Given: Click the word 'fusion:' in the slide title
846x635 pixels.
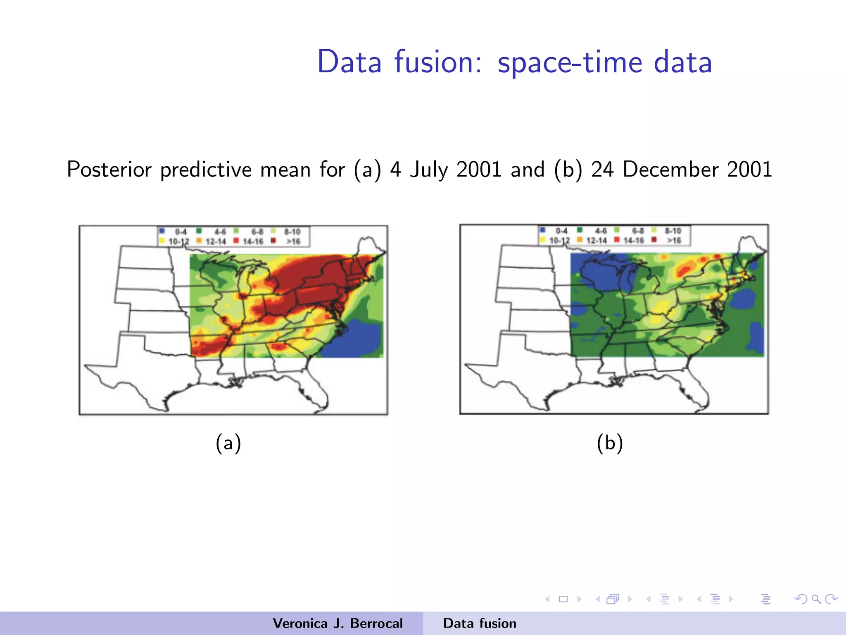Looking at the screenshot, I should [438, 62].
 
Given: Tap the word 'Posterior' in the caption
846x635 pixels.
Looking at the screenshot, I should [109, 169].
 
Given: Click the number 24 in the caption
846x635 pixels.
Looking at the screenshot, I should [602, 169].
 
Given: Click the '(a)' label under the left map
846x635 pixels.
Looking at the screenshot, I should [228, 443].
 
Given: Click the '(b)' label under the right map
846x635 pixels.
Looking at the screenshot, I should [610, 443].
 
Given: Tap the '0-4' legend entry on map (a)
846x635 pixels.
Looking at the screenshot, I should [181, 232].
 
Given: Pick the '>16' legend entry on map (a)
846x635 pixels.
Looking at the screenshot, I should [293, 241].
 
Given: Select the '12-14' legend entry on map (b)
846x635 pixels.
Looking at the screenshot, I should [596, 240].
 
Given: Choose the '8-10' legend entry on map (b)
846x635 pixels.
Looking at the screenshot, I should [673, 231].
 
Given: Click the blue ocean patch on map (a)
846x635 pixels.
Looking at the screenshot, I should [355, 339].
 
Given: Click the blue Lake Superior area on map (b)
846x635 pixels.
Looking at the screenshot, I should [599, 269].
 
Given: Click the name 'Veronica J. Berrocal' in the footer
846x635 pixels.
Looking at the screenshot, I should [337, 623].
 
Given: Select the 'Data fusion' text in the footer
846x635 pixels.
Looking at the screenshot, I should [480, 623].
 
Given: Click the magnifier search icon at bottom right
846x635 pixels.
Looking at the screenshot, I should [816, 599].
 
